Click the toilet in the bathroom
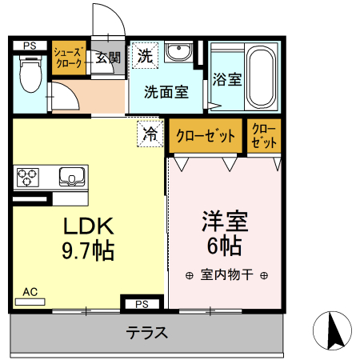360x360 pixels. click(30, 77)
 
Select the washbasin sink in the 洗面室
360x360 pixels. click(180, 55)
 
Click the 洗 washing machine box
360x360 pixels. click(145, 56)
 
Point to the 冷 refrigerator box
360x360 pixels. click(150, 134)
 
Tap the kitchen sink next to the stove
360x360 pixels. click(71, 175)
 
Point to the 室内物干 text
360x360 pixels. click(226, 275)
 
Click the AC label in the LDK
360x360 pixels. click(30, 292)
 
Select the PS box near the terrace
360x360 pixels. click(142, 304)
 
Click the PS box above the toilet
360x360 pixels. click(30, 46)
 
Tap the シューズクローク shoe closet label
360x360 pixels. click(68, 58)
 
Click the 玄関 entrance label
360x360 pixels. click(108, 58)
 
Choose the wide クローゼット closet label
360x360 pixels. click(206, 136)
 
